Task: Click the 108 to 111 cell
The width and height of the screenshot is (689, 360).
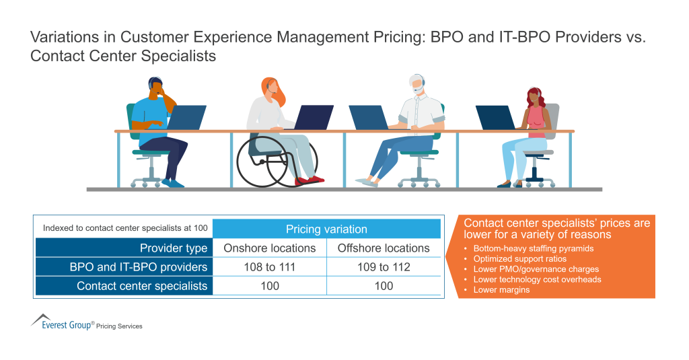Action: click(x=269, y=267)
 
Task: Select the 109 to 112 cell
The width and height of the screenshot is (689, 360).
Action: click(x=384, y=267)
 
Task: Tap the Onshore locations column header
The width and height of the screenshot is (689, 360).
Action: click(x=269, y=248)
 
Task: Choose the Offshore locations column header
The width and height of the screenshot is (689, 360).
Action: click(x=384, y=248)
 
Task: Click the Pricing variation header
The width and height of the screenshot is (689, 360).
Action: click(x=326, y=229)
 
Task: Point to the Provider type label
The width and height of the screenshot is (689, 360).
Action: click(x=174, y=248)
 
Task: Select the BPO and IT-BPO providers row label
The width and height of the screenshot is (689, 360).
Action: click(x=139, y=267)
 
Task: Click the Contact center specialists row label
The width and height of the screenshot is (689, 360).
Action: click(x=142, y=286)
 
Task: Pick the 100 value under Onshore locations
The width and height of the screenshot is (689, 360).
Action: click(x=269, y=286)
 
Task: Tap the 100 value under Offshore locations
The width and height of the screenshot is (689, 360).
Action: click(x=384, y=286)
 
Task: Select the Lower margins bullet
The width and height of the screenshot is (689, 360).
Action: click(x=501, y=289)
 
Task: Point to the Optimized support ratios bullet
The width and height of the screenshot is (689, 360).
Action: click(x=510, y=258)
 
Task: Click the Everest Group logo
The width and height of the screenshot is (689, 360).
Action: click(x=64, y=324)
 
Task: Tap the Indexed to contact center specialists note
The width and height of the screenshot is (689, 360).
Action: click(x=125, y=228)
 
